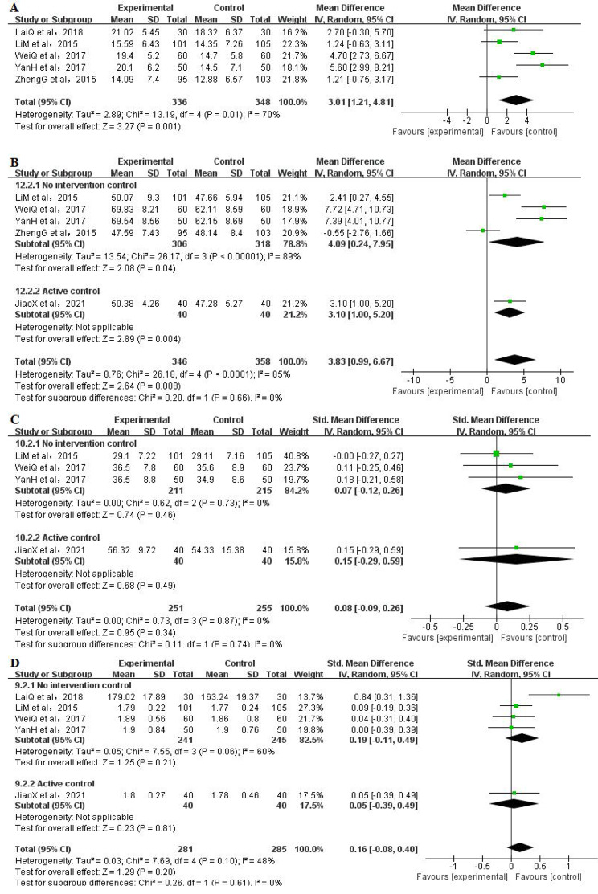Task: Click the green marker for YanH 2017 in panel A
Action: pyautogui.click(x=543, y=65)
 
